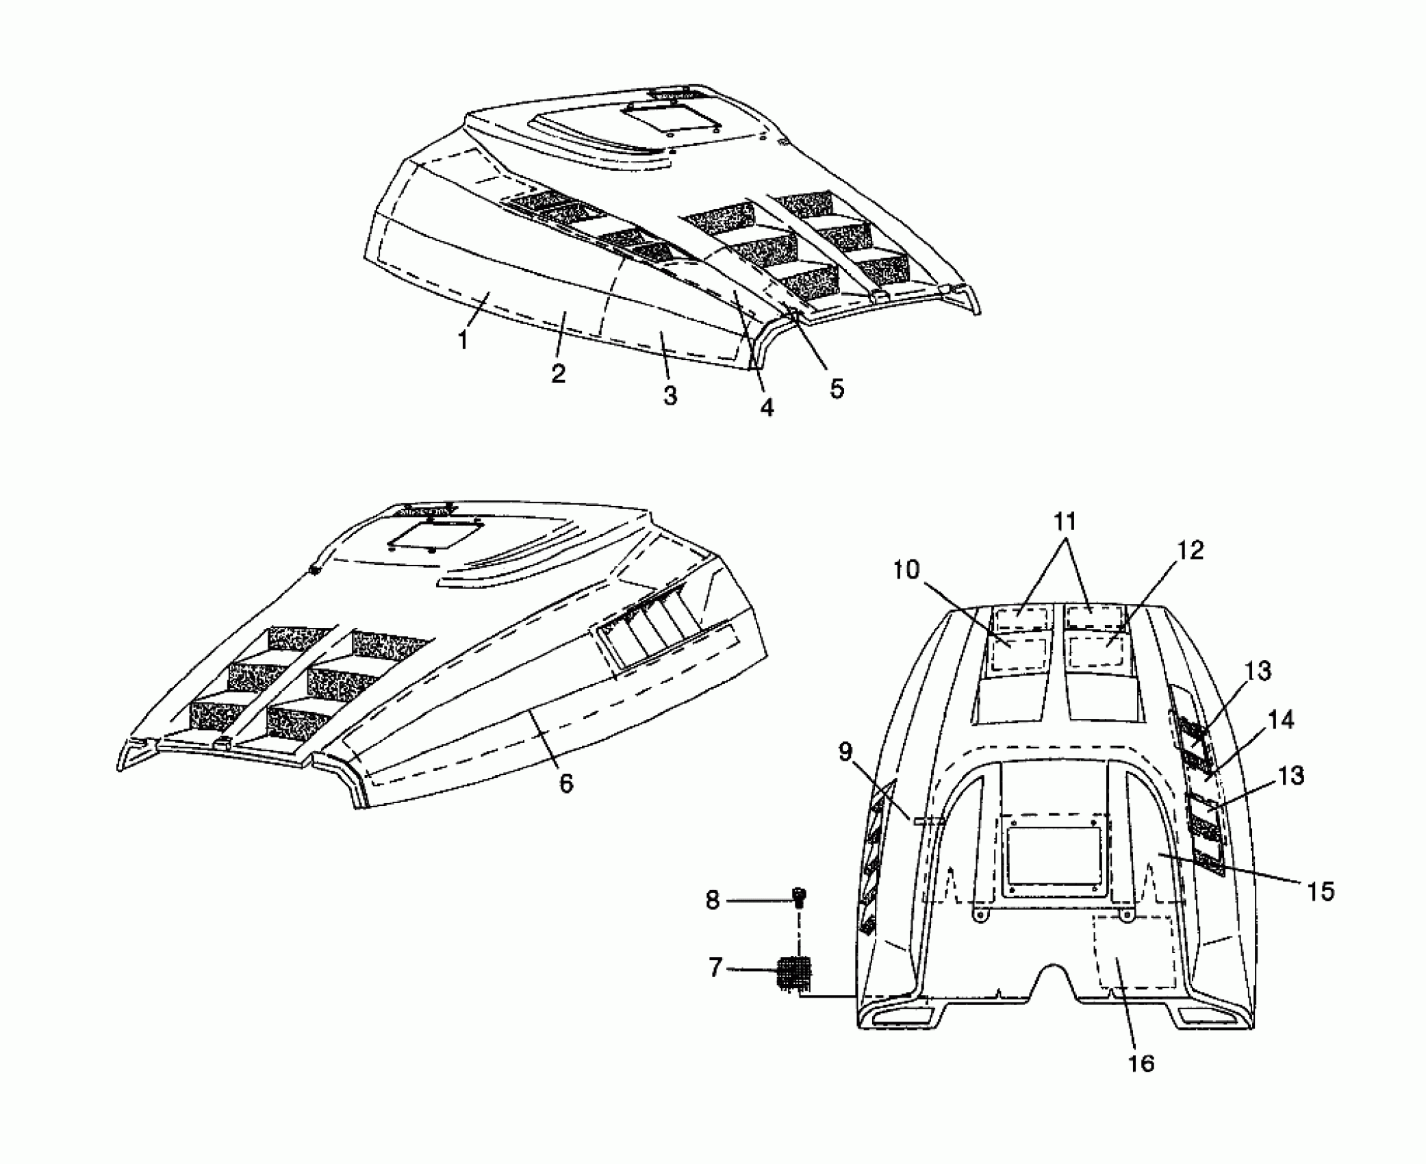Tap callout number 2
click(559, 373)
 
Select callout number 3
click(670, 395)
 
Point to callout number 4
click(767, 407)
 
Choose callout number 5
click(837, 389)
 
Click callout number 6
click(566, 784)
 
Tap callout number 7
click(715, 968)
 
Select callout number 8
click(713, 900)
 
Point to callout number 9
click(845, 752)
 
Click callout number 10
click(906, 570)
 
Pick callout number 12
click(1191, 551)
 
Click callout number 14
click(1281, 720)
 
